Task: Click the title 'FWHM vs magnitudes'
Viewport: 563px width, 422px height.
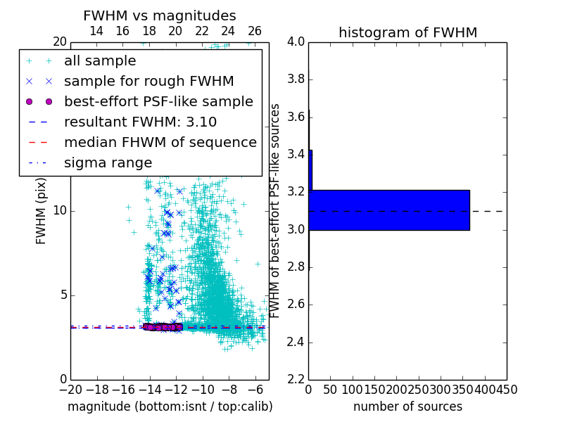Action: coord(160,15)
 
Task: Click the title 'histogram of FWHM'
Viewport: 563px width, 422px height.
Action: coord(407,32)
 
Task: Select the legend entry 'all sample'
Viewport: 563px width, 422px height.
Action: coord(100,61)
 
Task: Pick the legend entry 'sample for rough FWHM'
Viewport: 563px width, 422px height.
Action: coord(148,81)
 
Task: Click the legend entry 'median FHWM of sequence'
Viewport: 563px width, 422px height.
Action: coord(160,142)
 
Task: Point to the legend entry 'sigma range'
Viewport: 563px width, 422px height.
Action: coord(108,162)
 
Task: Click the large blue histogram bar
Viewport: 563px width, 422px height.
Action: coord(389,210)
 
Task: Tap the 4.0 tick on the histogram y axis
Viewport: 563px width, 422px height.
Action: coord(296,42)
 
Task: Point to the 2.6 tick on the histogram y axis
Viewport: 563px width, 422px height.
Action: coord(296,305)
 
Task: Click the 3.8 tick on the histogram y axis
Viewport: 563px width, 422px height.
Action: coord(296,79)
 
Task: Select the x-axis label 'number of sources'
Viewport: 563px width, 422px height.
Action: coord(407,407)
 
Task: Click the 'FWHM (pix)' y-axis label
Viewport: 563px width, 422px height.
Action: coord(42,210)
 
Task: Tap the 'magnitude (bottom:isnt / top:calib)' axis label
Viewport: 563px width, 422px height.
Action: coord(170,407)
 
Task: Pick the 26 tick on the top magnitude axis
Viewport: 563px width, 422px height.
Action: coord(255,31)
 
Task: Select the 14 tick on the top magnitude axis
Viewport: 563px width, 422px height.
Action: coord(96,31)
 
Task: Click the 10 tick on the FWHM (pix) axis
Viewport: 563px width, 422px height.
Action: coord(58,210)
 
